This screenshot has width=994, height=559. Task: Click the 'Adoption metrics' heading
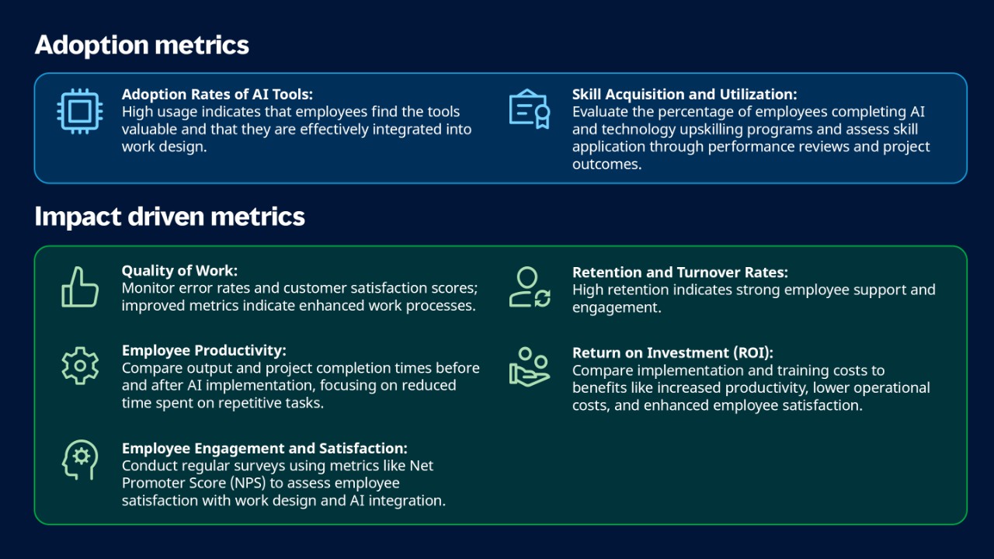click(x=142, y=45)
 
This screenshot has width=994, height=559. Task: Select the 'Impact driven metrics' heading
click(x=169, y=217)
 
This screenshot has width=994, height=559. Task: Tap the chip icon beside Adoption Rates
click(x=79, y=111)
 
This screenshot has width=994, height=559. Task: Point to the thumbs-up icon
click(x=80, y=287)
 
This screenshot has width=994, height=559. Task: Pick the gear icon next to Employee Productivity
click(x=80, y=366)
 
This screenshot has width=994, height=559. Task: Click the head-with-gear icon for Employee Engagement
click(x=80, y=460)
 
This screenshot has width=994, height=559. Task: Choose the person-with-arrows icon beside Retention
click(x=530, y=287)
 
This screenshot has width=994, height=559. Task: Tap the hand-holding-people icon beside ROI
click(x=530, y=366)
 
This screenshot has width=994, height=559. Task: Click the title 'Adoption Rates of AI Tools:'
click(x=217, y=94)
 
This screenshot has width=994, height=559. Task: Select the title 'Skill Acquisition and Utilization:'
click(x=684, y=94)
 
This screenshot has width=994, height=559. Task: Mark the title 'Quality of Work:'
click(x=179, y=271)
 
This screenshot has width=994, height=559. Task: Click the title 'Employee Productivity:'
click(x=204, y=350)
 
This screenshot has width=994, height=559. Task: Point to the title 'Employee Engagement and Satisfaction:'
click(x=265, y=448)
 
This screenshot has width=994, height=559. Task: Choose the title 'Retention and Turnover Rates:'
click(x=679, y=273)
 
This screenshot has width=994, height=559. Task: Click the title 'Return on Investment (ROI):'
click(x=673, y=352)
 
